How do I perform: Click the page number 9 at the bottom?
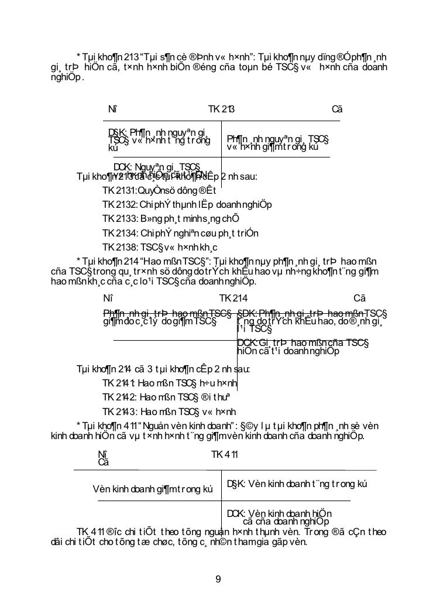tap(218, 580)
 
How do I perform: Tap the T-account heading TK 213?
tap(222, 109)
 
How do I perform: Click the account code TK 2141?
tap(119, 384)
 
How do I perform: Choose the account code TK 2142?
tap(119, 398)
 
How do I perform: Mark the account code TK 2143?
tap(119, 412)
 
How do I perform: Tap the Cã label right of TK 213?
tap(336, 109)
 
